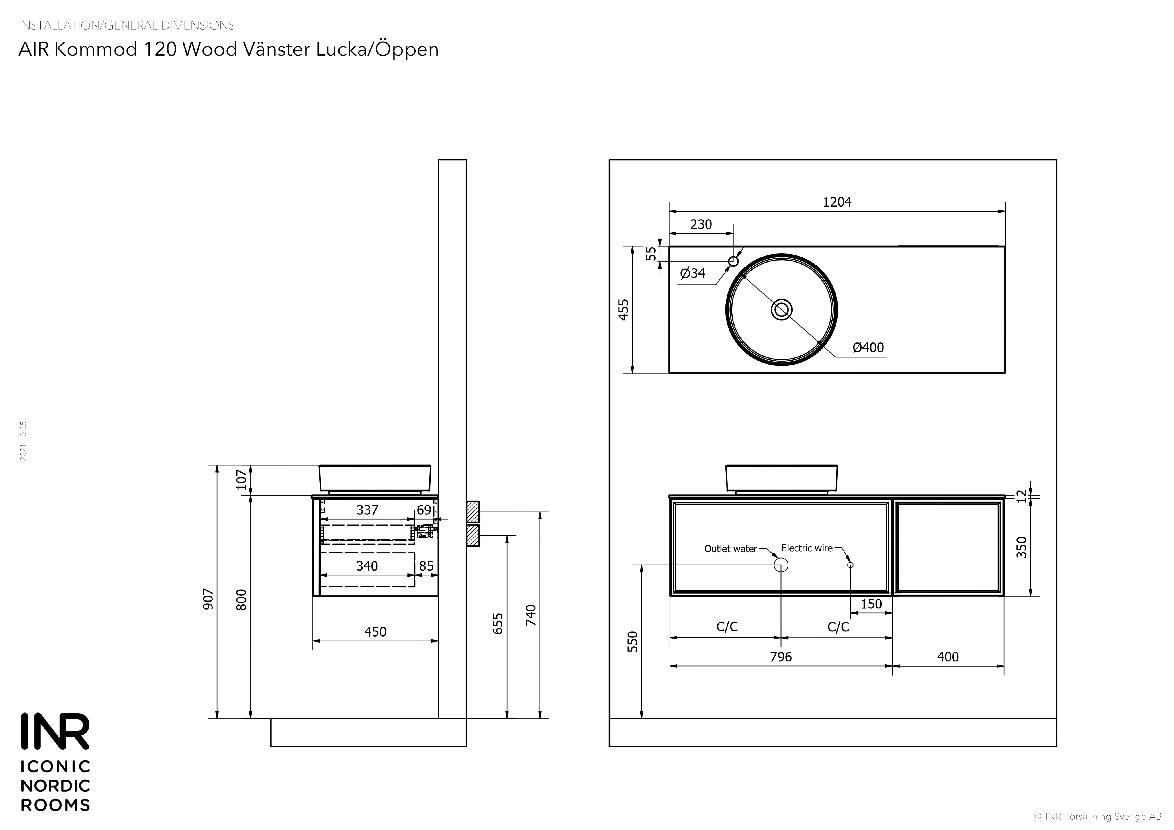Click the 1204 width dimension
tap(837, 203)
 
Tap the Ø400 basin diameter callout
tap(868, 348)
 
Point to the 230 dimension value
tap(701, 224)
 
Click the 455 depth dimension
tap(624, 310)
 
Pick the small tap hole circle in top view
tap(733, 261)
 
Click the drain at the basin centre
tap(781, 310)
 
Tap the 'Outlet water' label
tap(730, 549)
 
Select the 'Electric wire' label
tap(807, 548)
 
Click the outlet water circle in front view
tap(781, 565)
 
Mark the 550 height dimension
tap(633, 642)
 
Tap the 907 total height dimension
tap(208, 599)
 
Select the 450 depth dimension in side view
tap(375, 632)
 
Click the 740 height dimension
tap(531, 615)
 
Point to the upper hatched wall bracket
tap(473, 511)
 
